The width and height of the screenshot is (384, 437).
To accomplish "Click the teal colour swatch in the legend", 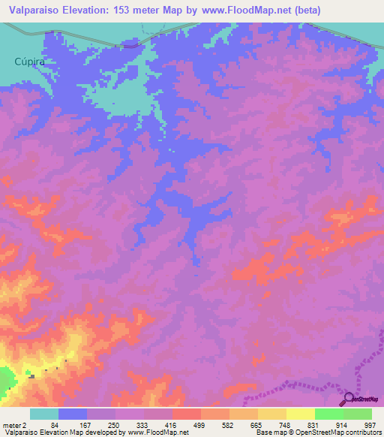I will [x=44, y=414].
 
